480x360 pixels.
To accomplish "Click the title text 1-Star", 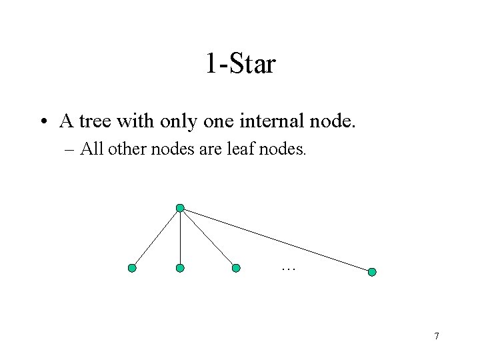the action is [x=240, y=64].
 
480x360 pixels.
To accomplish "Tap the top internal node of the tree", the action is [x=180, y=209].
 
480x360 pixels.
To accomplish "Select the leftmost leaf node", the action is [x=132, y=268].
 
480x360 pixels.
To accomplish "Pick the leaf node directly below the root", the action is [x=180, y=268].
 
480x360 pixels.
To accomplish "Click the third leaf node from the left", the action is [x=236, y=268].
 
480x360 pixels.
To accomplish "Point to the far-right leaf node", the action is [x=372, y=272].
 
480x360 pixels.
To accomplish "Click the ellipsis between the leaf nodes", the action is [x=288, y=269].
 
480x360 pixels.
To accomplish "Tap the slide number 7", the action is [x=436, y=336].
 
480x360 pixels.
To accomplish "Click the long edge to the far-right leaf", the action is [x=276, y=240].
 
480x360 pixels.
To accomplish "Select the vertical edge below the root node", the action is [x=180, y=239].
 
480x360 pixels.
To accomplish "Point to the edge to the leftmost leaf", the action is [x=156, y=239].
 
